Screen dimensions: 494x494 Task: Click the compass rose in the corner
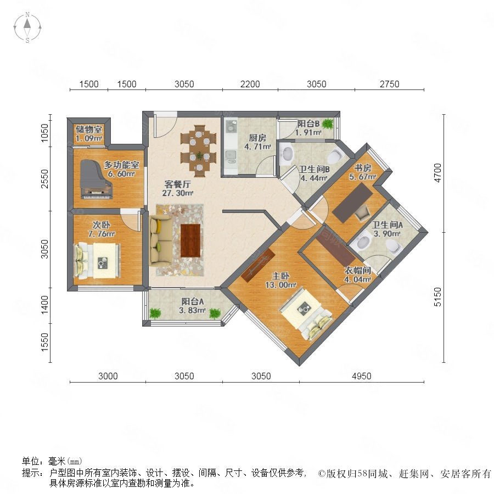tap(27, 27)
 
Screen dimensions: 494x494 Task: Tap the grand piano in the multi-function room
tap(97, 179)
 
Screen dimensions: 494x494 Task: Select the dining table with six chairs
tap(199, 151)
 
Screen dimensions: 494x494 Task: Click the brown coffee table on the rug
tap(190, 240)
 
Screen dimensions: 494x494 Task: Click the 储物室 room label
tap(88, 129)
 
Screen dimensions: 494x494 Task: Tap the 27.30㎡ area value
tap(178, 193)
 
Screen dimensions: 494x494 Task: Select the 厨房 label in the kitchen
tap(257, 138)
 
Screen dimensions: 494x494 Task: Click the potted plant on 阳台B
tap(328, 123)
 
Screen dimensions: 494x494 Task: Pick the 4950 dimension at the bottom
tap(361, 376)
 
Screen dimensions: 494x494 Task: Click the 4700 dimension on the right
tap(437, 173)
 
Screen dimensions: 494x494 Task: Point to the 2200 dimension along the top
tap(250, 84)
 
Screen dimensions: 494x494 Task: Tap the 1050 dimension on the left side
tap(45, 133)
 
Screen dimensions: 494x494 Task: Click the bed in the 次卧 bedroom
tap(97, 261)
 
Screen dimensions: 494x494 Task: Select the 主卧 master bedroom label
tap(280, 276)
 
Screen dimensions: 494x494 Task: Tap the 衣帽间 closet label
tap(357, 270)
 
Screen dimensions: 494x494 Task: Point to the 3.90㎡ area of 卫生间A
tap(386, 233)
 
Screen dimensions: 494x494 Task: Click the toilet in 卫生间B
tap(335, 156)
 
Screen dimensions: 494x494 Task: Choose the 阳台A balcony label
tap(193, 301)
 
